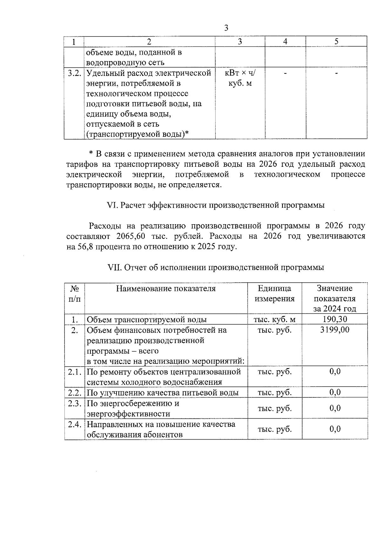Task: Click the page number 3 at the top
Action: pyautogui.click(x=226, y=28)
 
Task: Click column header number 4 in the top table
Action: pyautogui.click(x=285, y=42)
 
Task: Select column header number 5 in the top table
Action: pyautogui.click(x=336, y=42)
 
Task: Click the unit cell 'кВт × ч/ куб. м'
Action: pyautogui.click(x=240, y=78)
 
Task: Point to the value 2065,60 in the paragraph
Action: pyautogui.click(x=130, y=237)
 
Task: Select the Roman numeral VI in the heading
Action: pyautogui.click(x=113, y=205)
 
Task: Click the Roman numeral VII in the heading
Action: pyautogui.click(x=115, y=268)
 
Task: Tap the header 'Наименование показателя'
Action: pyautogui.click(x=166, y=288)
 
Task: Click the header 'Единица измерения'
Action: pyautogui.click(x=275, y=293)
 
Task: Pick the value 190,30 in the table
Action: pyautogui.click(x=335, y=319)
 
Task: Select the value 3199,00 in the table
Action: pyautogui.click(x=335, y=330)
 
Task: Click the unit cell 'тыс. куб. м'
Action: pyautogui.click(x=275, y=320)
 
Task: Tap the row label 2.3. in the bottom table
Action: pyautogui.click(x=75, y=403)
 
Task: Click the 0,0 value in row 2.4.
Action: pyautogui.click(x=335, y=429)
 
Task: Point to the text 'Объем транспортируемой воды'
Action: pyautogui.click(x=147, y=320)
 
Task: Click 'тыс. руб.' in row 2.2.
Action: pyautogui.click(x=275, y=393)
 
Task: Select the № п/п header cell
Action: pyautogui.click(x=75, y=293)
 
